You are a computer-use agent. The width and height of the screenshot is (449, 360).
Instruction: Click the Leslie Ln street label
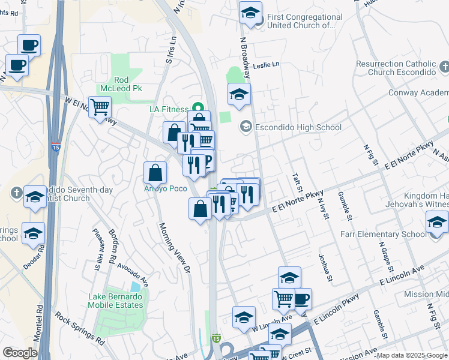(267, 64)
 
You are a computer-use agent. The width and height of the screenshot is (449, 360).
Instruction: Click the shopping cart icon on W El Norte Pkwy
(100, 107)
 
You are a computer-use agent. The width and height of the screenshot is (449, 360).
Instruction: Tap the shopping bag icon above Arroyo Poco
(155, 172)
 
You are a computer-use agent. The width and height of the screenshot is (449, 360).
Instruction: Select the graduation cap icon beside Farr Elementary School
(437, 223)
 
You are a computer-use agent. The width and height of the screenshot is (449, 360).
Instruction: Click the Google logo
(20, 353)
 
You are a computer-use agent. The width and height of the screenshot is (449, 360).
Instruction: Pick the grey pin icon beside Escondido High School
(246, 127)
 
